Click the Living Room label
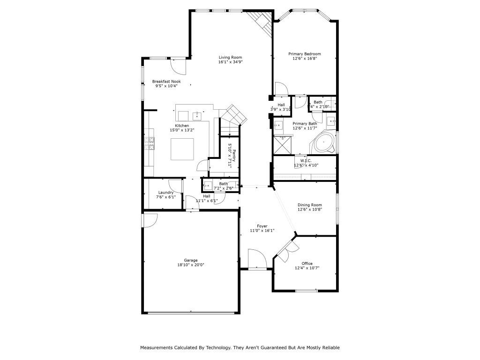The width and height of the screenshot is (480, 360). tap(230, 57)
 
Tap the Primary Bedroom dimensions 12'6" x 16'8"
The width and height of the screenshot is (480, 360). tap(304, 59)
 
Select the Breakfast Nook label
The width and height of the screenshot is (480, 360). tap(166, 81)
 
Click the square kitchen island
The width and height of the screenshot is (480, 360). tap(181, 150)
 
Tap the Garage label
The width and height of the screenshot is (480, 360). tap(190, 260)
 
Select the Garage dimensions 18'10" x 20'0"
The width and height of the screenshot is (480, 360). tap(190, 265)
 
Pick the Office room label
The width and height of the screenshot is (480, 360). tap(307, 263)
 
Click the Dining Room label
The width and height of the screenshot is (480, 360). tap(310, 205)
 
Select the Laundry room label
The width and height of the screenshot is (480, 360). tap(166, 192)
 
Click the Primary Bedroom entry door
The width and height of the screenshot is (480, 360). tap(281, 89)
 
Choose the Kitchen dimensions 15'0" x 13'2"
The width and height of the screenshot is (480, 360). tap(182, 130)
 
